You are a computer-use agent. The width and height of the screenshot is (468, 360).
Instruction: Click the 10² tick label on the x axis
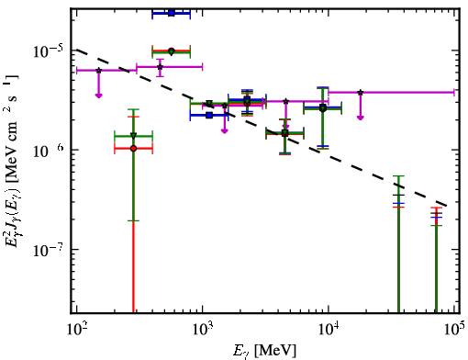[77, 329]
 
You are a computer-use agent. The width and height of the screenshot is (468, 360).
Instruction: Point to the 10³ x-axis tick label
[203, 329]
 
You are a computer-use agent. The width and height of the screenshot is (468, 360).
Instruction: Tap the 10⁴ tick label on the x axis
[329, 329]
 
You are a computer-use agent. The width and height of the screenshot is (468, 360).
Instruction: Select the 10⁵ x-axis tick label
[454, 329]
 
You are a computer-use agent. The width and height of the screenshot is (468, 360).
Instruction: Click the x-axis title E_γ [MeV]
[264, 351]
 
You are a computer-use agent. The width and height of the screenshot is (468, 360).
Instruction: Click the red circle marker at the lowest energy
[133, 149]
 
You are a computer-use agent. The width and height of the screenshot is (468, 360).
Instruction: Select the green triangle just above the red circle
[133, 136]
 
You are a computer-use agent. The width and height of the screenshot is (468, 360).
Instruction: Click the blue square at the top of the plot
[172, 13]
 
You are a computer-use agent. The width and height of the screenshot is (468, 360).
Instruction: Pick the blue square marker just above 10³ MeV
[209, 116]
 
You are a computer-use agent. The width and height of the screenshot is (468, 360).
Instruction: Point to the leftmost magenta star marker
[98, 71]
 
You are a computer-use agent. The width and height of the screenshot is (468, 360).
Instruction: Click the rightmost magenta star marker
[361, 92]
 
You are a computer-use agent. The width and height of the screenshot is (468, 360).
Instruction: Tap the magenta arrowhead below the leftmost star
[98, 96]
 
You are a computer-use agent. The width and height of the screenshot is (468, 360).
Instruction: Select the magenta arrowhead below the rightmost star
[361, 118]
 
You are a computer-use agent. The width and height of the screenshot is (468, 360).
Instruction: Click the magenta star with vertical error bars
[160, 67]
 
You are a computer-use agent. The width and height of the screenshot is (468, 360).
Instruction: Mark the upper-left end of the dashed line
[77, 50]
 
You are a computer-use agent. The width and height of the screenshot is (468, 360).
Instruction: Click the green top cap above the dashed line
[398, 176]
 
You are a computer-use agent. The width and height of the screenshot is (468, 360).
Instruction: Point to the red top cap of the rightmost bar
[436, 208]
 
